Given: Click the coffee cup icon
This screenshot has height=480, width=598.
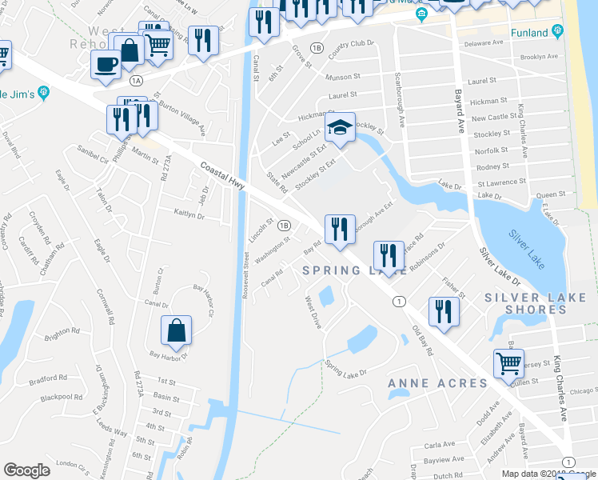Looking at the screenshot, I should pyautogui.click(x=105, y=65).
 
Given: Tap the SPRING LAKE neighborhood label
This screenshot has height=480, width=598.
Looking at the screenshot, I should pyautogui.click(x=344, y=272).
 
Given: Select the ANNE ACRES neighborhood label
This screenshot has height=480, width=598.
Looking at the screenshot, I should pyautogui.click(x=437, y=383).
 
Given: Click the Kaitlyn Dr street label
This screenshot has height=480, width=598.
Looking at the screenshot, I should pyautogui.click(x=189, y=214).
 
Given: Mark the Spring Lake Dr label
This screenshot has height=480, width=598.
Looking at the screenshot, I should pyautogui.click(x=345, y=369).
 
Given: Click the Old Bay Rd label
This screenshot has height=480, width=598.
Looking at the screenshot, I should pyautogui.click(x=422, y=340).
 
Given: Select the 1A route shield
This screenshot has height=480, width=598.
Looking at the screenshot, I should pyautogui.click(x=136, y=80).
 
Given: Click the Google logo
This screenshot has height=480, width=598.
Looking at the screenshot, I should pyautogui.click(x=26, y=470).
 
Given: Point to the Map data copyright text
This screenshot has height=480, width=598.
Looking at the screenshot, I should pyautogui.click(x=549, y=474).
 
